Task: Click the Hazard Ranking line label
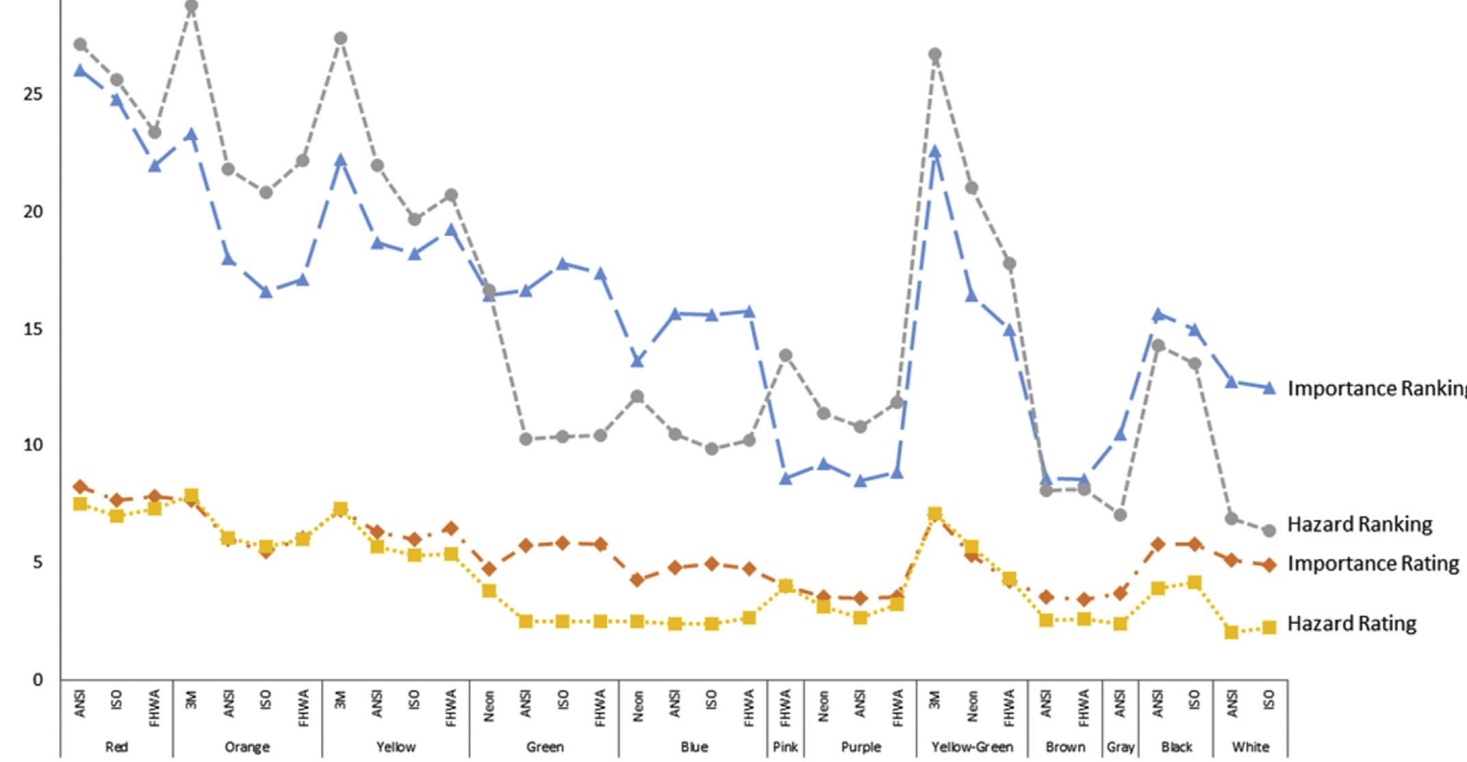point(1360,524)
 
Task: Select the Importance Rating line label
point(1373,563)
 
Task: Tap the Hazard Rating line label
point(1351,624)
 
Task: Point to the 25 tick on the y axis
point(33,94)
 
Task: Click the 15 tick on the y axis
point(33,329)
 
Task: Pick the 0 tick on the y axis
point(38,680)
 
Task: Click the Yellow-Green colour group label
point(971,747)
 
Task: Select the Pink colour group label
point(785,747)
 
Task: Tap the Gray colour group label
point(1121,747)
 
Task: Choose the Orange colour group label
point(247,747)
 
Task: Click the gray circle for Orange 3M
point(192,7)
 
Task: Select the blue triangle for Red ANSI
point(80,71)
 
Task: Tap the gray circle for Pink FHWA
point(786,355)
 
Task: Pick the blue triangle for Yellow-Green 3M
point(935,151)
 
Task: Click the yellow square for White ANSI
point(1232,632)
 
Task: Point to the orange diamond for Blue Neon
point(637,580)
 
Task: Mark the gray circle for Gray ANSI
point(1121,515)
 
